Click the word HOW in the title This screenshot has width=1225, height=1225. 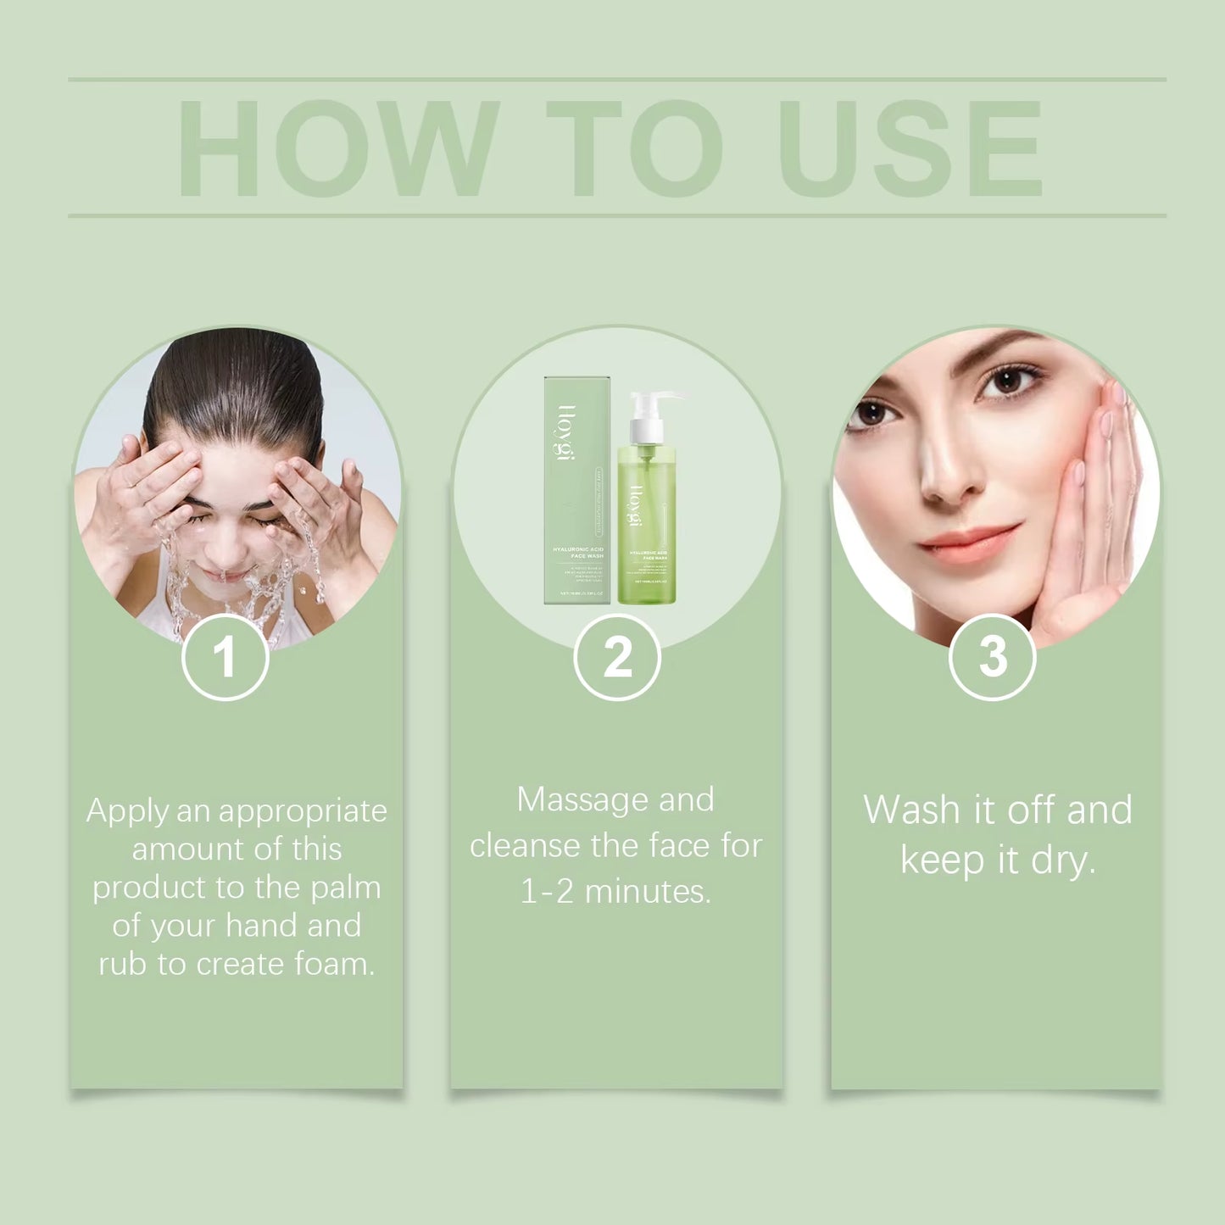coord(337,148)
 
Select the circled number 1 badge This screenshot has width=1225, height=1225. coord(225,657)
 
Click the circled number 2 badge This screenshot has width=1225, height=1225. coord(616,657)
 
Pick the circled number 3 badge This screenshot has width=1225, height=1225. coord(992,657)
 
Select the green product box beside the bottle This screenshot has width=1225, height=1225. coord(576,492)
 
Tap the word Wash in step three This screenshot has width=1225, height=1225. coord(912,810)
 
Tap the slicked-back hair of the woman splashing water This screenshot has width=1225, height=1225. coord(233,381)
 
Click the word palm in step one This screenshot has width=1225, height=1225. coord(345,888)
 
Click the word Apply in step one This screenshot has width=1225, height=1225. coord(127,812)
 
